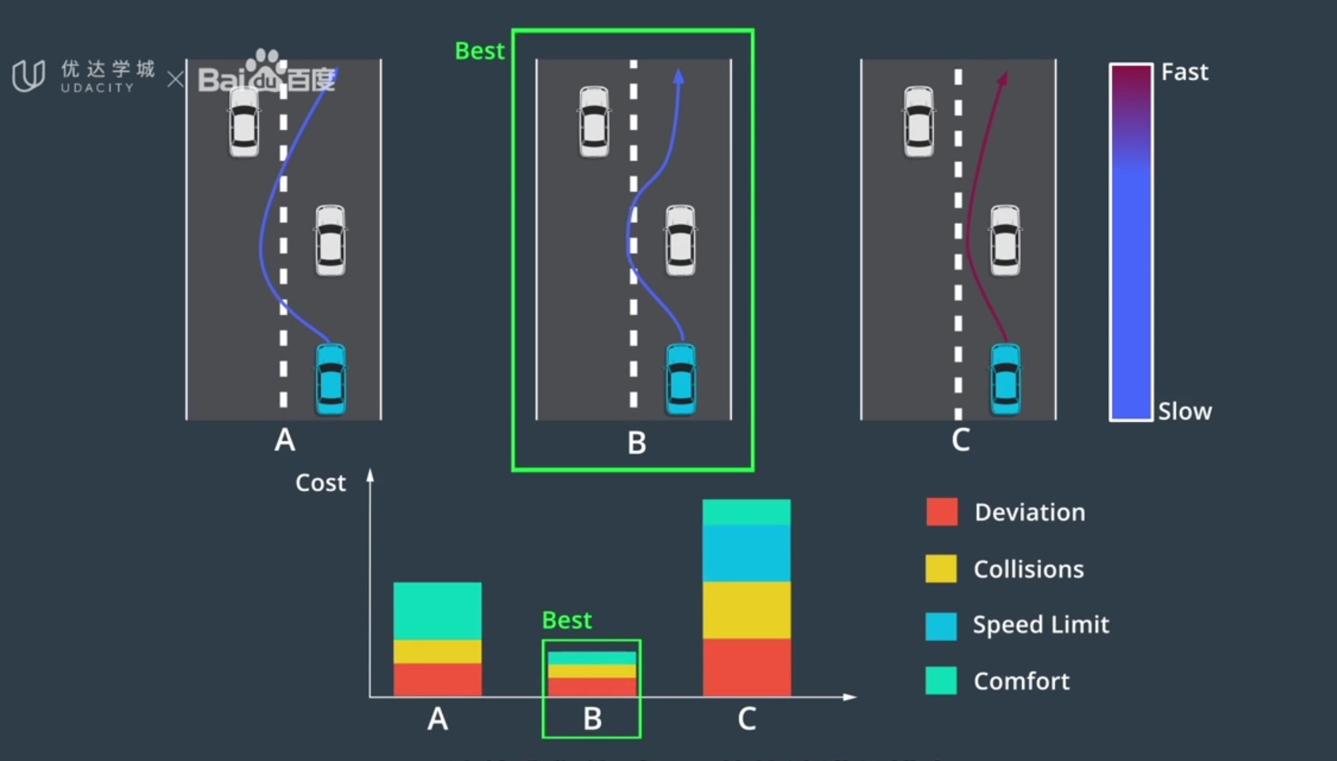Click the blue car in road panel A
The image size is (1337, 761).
(331, 379)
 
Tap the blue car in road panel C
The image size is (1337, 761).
(1005, 379)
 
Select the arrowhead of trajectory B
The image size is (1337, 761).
(679, 76)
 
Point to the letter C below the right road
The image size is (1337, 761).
(960, 440)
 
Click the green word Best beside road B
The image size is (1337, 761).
(479, 51)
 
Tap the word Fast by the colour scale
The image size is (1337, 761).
(1184, 72)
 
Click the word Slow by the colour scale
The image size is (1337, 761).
(1184, 412)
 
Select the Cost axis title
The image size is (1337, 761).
(320, 483)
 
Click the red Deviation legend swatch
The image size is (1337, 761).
(942, 512)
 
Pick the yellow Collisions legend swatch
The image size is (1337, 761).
(941, 569)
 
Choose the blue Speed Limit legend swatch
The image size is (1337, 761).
(941, 626)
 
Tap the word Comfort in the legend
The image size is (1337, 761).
(1021, 682)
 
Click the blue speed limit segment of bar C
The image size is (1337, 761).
(746, 553)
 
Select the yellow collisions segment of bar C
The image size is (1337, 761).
(746, 610)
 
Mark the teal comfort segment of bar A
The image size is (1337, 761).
(437, 611)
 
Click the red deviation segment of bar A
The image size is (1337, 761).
(437, 679)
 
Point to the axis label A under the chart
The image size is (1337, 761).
(437, 720)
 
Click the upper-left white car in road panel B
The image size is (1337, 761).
(594, 121)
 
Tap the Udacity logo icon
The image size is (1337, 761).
(29, 76)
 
